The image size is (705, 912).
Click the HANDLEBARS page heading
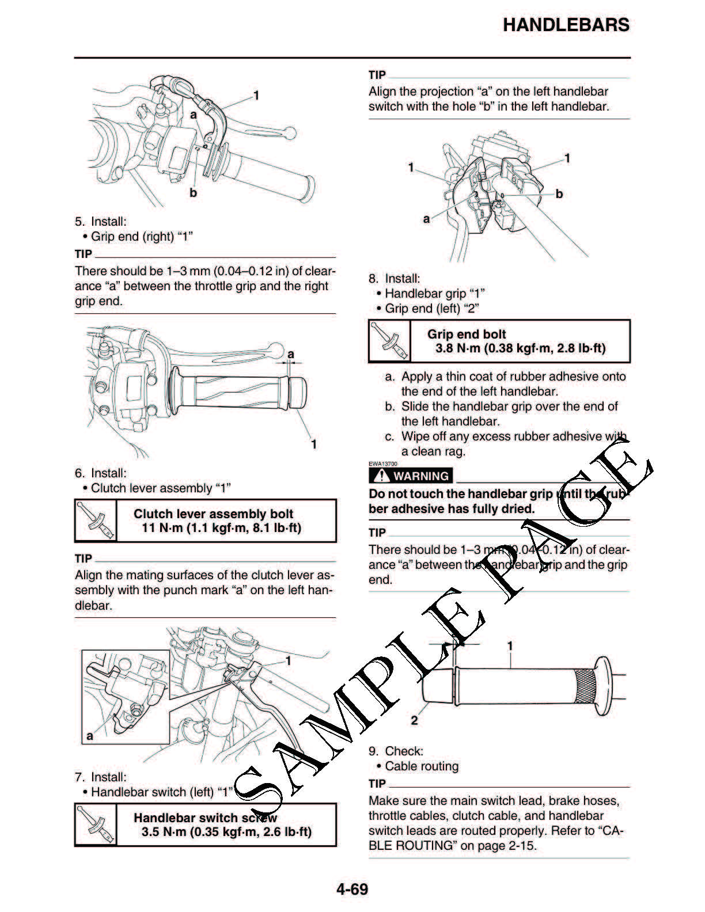tap(566, 25)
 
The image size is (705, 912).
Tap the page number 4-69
tap(352, 889)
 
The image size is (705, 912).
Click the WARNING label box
tap(411, 476)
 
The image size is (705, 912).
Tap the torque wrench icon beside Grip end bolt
tap(389, 341)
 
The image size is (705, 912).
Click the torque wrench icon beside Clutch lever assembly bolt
tap(96, 520)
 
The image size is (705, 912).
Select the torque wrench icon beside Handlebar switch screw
tap(96, 824)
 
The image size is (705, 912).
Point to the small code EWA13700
tap(383, 463)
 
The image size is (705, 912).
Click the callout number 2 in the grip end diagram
tap(415, 720)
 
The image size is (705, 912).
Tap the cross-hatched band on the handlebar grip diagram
tap(585, 686)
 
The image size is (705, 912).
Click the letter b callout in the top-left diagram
tap(193, 193)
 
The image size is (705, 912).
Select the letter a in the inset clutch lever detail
tap(89, 735)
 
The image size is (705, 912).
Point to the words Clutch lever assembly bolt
tap(213, 514)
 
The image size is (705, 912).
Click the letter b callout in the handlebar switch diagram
tap(559, 194)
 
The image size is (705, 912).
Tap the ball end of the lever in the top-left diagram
tap(290, 133)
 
